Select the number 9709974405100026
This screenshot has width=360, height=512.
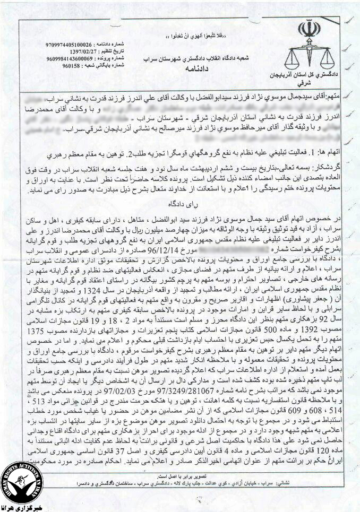tap(72, 44)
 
